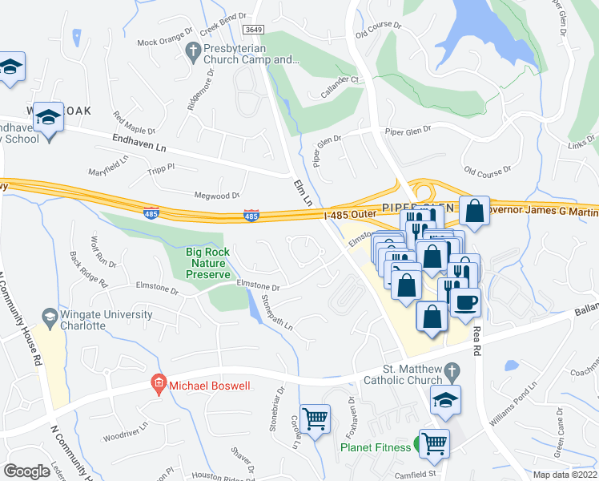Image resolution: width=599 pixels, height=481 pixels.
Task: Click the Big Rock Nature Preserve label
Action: coord(207,263)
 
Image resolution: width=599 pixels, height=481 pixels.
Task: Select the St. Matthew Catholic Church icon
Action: coord(452,371)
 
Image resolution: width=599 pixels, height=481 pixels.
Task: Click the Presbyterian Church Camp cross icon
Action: coord(192,53)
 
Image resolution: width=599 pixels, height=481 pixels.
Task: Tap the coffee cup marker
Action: coord(465,302)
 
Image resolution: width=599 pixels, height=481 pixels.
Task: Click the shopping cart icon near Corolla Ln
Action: coord(316,417)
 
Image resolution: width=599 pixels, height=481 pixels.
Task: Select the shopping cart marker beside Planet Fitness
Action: coord(434,443)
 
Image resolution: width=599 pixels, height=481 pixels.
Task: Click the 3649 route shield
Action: coord(254,30)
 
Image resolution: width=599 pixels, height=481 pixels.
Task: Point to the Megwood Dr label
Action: coord(218,195)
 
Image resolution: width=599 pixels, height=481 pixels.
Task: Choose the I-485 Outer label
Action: coord(350,213)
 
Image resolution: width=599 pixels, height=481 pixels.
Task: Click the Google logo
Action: coord(27,471)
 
